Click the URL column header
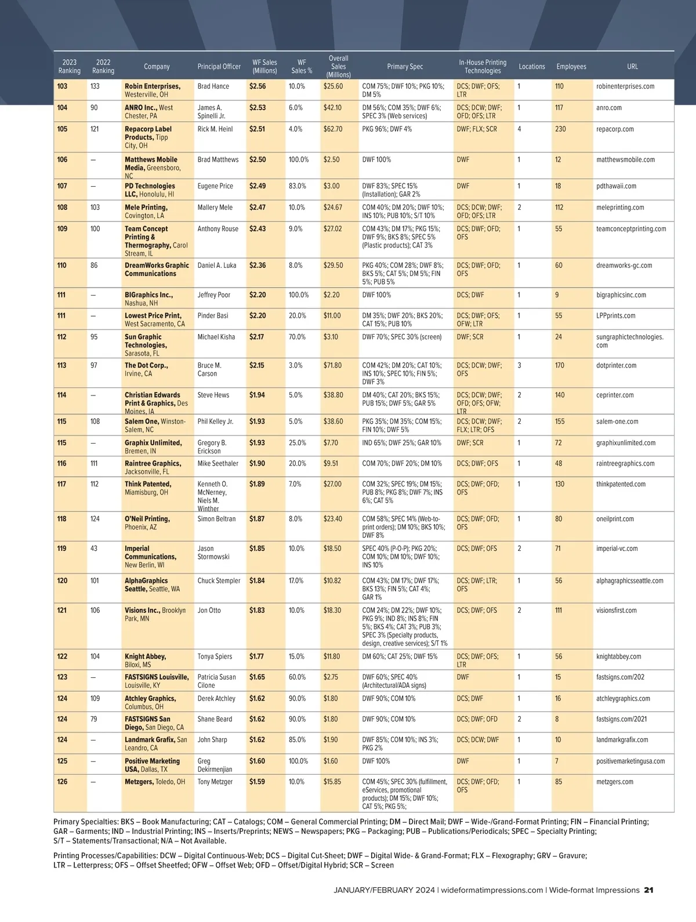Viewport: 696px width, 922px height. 632,67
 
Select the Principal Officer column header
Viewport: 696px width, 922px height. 219,67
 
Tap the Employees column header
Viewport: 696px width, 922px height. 571,67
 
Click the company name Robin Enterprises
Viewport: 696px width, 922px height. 153,86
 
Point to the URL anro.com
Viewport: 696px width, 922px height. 609,108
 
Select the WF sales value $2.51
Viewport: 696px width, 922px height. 258,129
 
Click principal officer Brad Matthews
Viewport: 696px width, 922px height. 218,159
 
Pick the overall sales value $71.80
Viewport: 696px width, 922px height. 332,366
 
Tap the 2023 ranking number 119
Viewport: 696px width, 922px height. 62,549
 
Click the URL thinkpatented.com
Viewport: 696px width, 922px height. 621,484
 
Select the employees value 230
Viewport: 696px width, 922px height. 560,129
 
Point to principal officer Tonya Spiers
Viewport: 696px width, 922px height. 215,657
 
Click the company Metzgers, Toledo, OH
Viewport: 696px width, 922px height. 155,782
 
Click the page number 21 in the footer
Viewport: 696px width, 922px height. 649,890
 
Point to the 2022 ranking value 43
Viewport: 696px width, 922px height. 94,549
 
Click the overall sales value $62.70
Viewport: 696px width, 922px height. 333,129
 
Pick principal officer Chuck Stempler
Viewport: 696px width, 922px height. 219,581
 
